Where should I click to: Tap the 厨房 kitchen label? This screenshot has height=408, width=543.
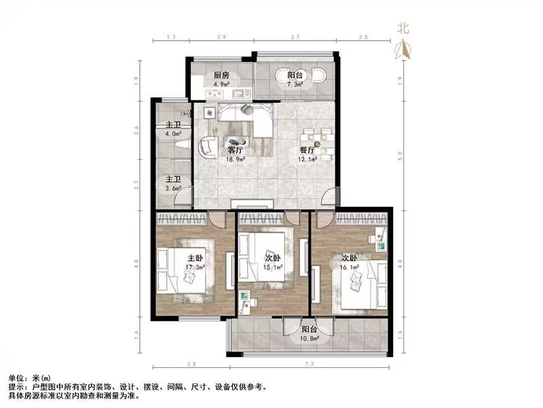click(220, 75)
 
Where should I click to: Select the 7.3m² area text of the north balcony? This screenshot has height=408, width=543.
click(295, 85)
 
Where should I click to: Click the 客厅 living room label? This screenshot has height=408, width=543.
click(236, 150)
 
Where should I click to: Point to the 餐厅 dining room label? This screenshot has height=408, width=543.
click(307, 150)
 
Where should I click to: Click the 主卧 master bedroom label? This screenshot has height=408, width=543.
click(195, 258)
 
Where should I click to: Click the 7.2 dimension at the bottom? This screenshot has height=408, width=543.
click(310, 365)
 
